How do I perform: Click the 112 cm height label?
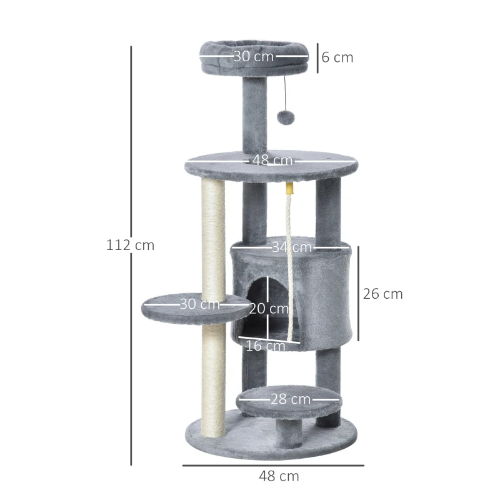tap(130, 245)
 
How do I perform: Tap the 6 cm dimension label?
tap(337, 57)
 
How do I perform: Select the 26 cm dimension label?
tap(382, 294)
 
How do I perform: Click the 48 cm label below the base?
tap(279, 476)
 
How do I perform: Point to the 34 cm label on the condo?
tap(291, 247)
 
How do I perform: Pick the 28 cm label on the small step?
tap(291, 399)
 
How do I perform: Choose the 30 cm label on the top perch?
tap(254, 56)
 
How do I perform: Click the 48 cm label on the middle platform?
tap(272, 161)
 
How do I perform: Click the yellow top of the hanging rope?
tap(289, 187)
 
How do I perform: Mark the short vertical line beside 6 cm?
tap(317, 57)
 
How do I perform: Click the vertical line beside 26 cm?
tap(358, 294)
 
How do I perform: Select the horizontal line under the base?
tap(272, 465)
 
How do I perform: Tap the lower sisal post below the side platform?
tap(213, 375)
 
